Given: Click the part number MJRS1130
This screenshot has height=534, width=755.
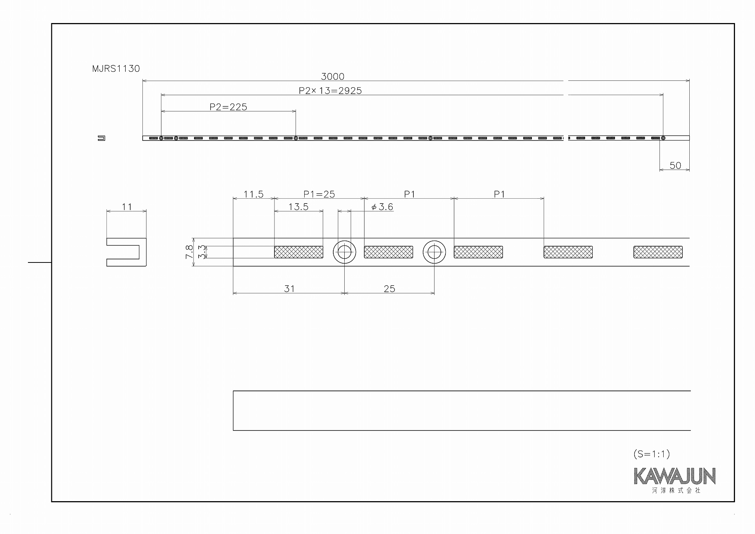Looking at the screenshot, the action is click(x=116, y=69).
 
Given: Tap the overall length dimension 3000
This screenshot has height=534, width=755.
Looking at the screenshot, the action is click(x=333, y=77).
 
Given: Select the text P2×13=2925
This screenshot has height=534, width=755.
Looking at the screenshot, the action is click(x=330, y=91).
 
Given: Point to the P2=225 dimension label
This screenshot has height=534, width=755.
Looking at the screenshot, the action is click(x=228, y=107).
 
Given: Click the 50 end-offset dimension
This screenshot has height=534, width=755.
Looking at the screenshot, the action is click(x=675, y=165).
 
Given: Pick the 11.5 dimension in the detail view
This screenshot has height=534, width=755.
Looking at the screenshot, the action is click(x=253, y=194).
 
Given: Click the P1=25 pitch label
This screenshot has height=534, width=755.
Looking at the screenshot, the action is click(x=319, y=194).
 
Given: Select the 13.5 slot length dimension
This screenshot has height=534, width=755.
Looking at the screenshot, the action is click(x=299, y=207).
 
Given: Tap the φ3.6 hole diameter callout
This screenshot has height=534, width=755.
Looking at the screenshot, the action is click(x=382, y=207).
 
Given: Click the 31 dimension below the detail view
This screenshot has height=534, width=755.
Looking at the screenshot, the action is click(x=289, y=289).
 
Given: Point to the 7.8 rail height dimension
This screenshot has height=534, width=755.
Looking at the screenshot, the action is click(x=189, y=252).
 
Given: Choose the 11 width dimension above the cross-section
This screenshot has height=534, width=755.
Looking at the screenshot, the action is click(x=127, y=207).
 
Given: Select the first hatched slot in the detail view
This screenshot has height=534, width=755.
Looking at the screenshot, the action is click(x=299, y=252).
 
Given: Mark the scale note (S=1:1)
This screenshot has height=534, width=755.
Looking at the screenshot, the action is click(x=652, y=454).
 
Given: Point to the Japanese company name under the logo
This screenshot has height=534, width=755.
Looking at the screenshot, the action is click(x=676, y=491).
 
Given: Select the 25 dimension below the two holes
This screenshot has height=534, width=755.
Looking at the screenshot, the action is click(x=389, y=289).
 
